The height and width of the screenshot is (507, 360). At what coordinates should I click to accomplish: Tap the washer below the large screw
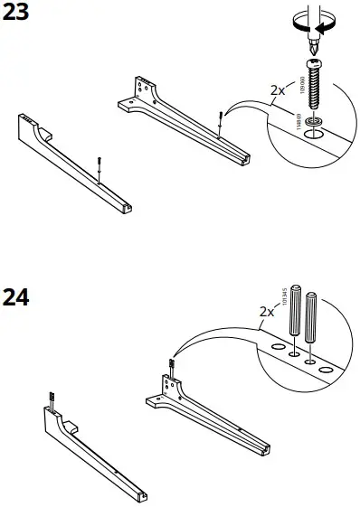[x=316, y=119]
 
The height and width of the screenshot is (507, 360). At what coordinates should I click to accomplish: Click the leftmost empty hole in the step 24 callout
[x=276, y=344]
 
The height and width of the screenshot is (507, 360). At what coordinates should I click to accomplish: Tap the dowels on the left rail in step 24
[x=52, y=397]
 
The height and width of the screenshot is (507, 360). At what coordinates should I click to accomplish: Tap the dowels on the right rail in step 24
[x=170, y=365]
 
